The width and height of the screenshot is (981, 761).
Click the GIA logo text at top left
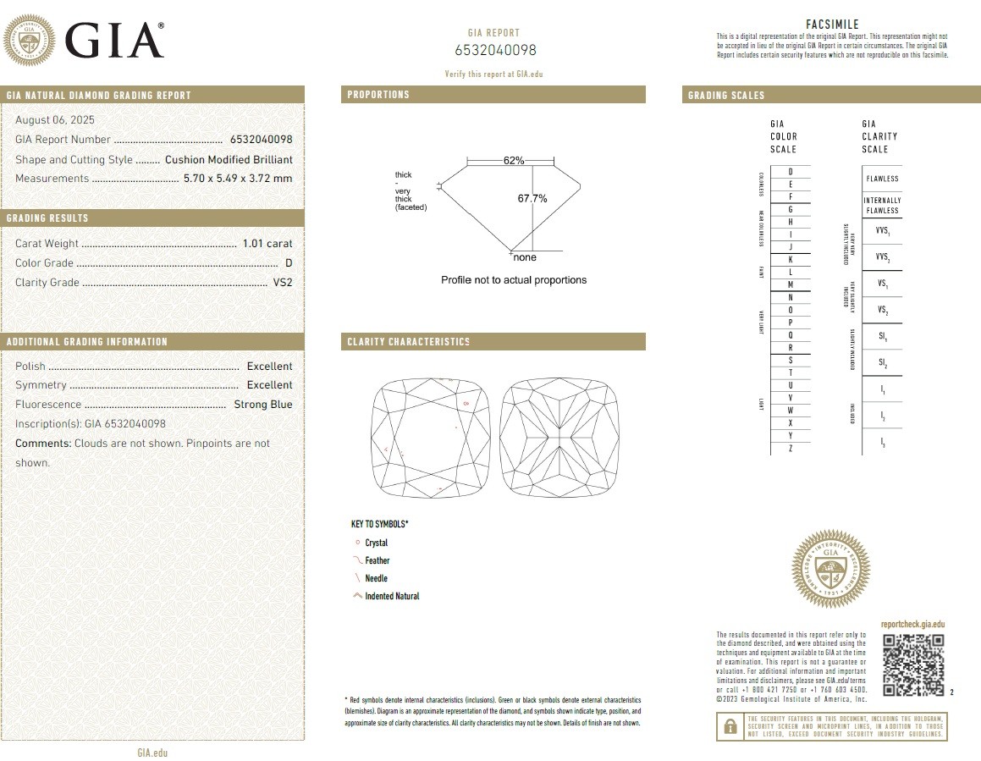tap(113, 39)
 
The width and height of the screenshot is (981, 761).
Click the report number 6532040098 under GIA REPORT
tap(495, 50)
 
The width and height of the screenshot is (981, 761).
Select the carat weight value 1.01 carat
tap(267, 244)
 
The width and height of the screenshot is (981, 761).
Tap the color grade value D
tap(289, 263)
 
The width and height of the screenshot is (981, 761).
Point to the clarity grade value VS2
tap(283, 283)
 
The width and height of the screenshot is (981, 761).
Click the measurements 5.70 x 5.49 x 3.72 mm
tap(238, 179)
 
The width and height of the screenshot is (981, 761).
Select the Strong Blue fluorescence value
tap(262, 405)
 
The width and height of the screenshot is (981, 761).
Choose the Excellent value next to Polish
tap(269, 367)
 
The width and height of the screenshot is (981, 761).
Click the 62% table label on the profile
tap(514, 160)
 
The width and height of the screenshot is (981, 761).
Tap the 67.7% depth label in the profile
tap(532, 199)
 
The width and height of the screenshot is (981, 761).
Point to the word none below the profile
tap(525, 257)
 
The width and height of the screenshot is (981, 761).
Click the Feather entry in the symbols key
tap(377, 560)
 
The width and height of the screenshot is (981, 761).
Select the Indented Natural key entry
tap(392, 596)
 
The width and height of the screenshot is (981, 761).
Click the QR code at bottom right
tap(912, 664)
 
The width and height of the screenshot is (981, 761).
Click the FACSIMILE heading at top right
tap(833, 25)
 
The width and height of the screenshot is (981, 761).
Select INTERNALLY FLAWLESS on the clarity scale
tap(881, 205)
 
